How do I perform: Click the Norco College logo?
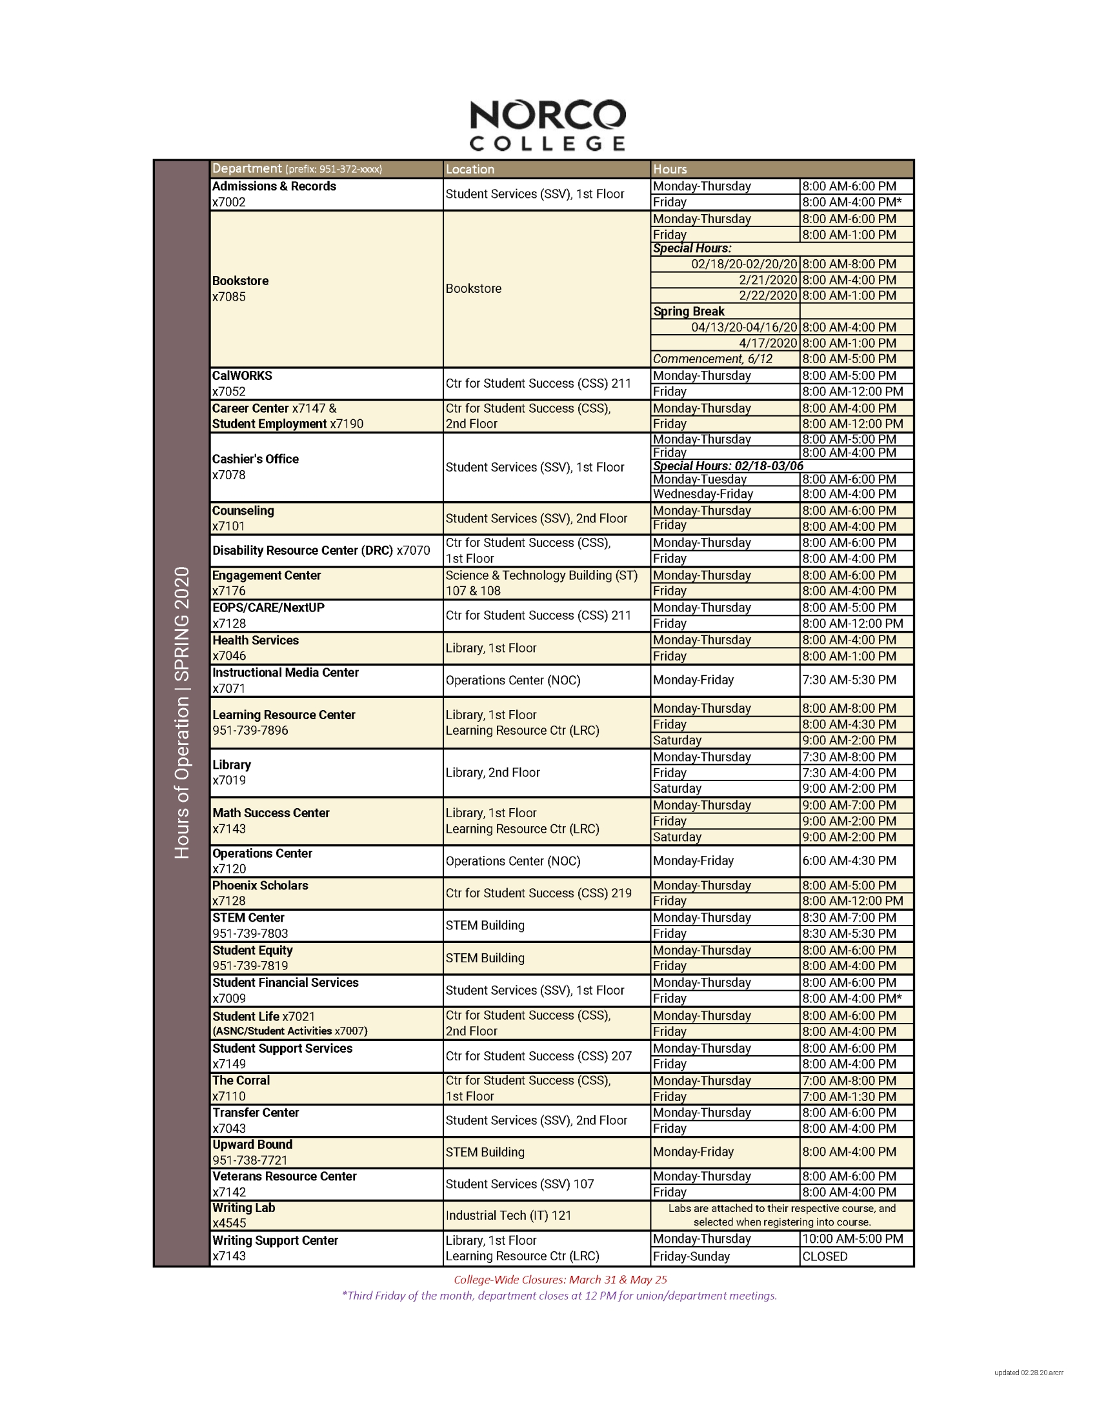pyautogui.click(x=547, y=124)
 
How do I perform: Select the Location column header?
pyautogui.click(x=470, y=169)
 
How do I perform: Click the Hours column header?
pyautogui.click(x=669, y=169)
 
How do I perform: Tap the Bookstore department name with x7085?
pyautogui.click(x=241, y=288)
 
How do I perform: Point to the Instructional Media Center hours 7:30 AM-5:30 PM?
pyautogui.click(x=848, y=680)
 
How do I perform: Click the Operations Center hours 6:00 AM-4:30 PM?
pyautogui.click(x=848, y=860)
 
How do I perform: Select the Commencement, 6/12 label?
pyautogui.click(x=712, y=359)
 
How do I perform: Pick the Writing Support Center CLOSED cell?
pyautogui.click(x=824, y=1256)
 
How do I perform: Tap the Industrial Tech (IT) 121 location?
pyautogui.click(x=508, y=1215)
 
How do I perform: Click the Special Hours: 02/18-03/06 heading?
pyautogui.click(x=728, y=466)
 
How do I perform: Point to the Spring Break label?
pyautogui.click(x=689, y=312)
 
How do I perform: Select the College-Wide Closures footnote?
pyautogui.click(x=560, y=1279)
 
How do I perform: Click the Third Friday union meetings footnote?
pyautogui.click(x=559, y=1296)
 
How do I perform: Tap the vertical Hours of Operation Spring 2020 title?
pyautogui.click(x=182, y=712)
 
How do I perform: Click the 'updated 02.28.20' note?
pyautogui.click(x=1028, y=1373)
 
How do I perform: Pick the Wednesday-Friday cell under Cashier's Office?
pyautogui.click(x=703, y=494)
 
